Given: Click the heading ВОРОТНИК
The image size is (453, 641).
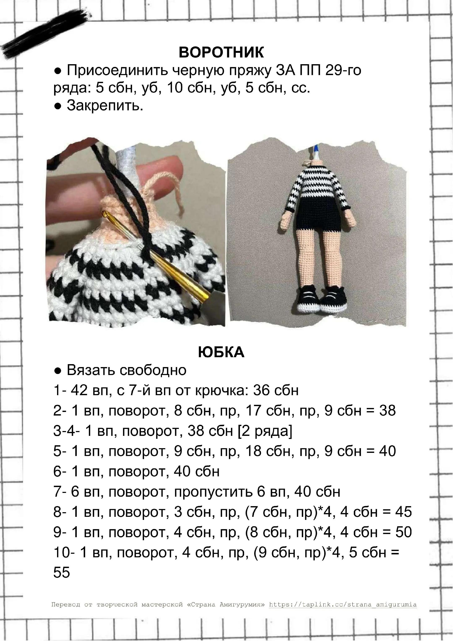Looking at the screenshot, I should [x=221, y=52].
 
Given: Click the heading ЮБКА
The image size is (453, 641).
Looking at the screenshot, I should [x=221, y=352].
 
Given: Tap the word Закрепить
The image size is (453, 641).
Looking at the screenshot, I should [x=105, y=106].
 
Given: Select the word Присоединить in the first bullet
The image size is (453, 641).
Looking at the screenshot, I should [x=117, y=70].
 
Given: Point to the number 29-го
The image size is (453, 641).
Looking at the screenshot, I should [x=343, y=70].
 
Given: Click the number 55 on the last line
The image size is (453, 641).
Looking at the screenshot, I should [x=61, y=572].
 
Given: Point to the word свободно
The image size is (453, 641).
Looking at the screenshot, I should [x=153, y=370].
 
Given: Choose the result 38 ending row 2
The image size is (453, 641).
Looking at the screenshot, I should [x=387, y=411].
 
